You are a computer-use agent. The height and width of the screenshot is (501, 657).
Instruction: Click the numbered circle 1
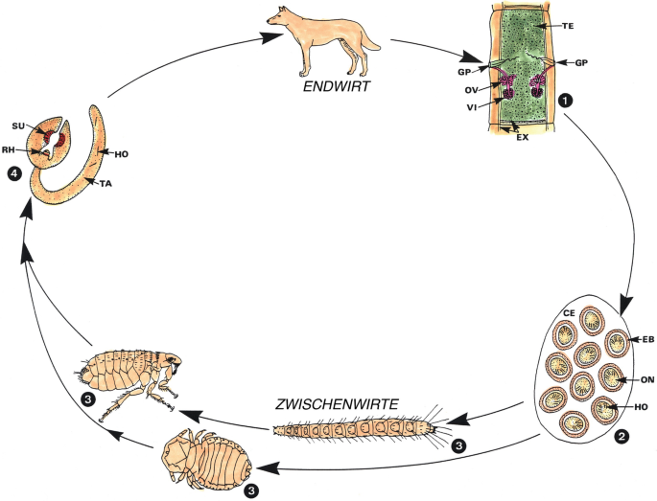pyautogui.click(x=566, y=97)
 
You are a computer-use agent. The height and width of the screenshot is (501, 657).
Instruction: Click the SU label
pyautogui.click(x=17, y=125)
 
